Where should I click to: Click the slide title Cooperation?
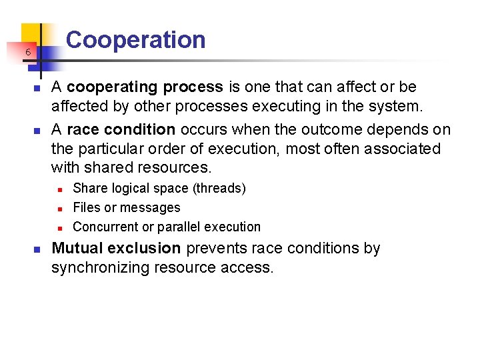coord(136,40)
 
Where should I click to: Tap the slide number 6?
coord(28,53)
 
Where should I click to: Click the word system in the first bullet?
coord(397,105)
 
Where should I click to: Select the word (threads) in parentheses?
coord(219,189)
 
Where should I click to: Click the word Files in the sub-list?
coord(87,208)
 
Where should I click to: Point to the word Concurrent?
coord(105,227)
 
